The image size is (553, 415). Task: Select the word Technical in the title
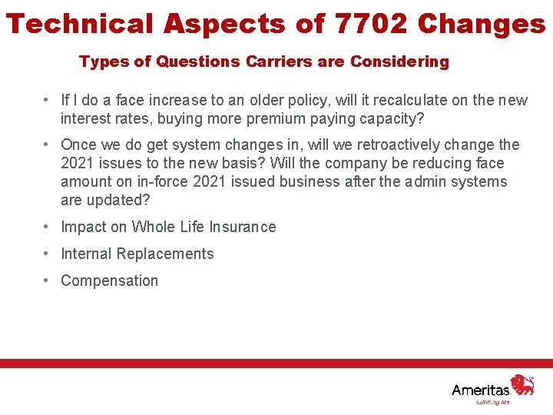tap(81, 24)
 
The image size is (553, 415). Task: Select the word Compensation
tap(109, 281)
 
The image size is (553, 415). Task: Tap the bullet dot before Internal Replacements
tap(48, 254)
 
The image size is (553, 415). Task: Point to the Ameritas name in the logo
tap(481, 390)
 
